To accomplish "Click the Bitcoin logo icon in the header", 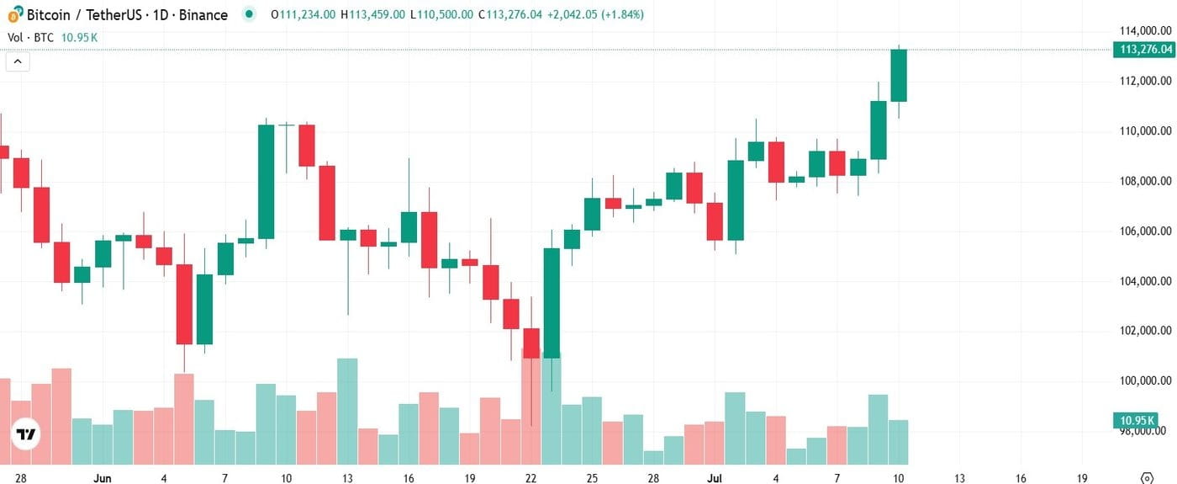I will (15, 14).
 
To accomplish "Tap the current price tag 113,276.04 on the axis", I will (1145, 50).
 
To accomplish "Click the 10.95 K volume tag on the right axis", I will (1145, 420).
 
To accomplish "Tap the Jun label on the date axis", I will (103, 477).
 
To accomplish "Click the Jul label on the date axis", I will (715, 477).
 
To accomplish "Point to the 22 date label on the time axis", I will (530, 477).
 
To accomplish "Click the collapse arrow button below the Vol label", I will (18, 61).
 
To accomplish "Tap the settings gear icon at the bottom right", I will (1146, 477).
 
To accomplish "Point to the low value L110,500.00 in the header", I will (441, 15).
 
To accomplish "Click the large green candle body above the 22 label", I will (552, 303).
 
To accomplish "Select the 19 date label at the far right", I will (1082, 477).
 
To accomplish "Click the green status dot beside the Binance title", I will (248, 14).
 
